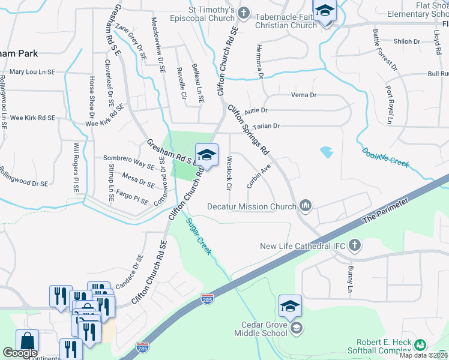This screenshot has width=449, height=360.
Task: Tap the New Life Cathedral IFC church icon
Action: pyautogui.click(x=355, y=245)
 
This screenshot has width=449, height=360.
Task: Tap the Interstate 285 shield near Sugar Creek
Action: pyautogui.click(x=206, y=298)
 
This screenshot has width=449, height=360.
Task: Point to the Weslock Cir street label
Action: pyautogui.click(x=229, y=173)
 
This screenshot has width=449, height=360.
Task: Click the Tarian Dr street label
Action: pyautogui.click(x=268, y=126)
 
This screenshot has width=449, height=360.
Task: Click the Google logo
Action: pyautogui.click(x=20, y=353)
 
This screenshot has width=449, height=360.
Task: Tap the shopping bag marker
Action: pyautogui.click(x=27, y=341)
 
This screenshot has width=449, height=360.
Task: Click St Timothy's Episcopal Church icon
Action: pyautogui.click(x=244, y=13)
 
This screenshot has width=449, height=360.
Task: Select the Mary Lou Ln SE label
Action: pyautogui.click(x=32, y=72)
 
